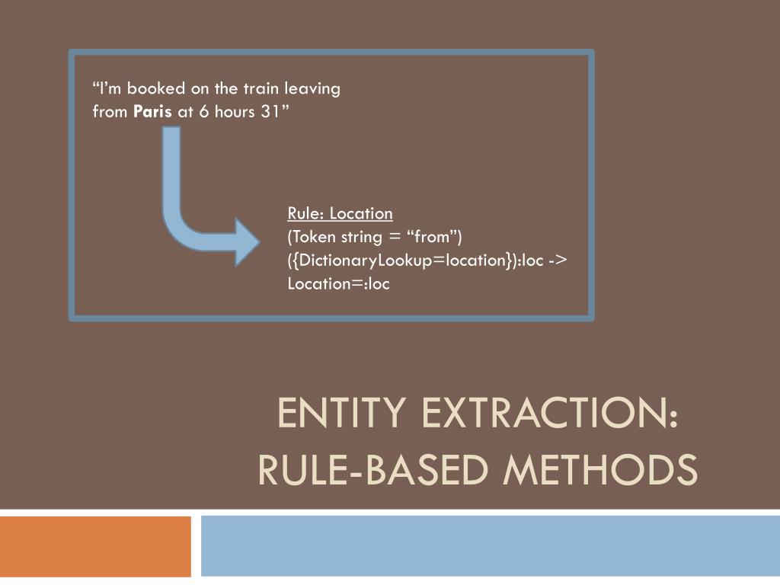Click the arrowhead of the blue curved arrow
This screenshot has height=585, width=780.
click(x=247, y=242)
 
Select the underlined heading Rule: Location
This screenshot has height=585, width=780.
click(x=340, y=213)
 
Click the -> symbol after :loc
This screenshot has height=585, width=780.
click(x=557, y=261)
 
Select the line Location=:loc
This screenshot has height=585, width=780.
click(x=338, y=284)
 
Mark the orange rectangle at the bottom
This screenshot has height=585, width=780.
click(x=95, y=546)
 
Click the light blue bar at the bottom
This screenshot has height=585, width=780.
click(x=491, y=546)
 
